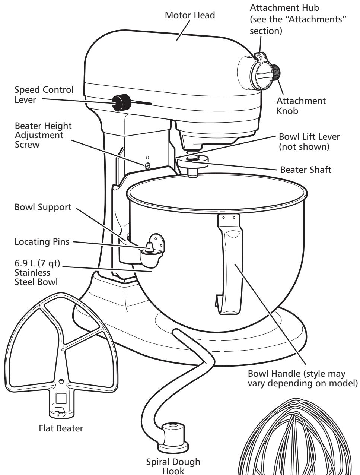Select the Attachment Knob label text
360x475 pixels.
pyautogui.click(x=302, y=106)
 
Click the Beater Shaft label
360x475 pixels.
pyautogui.click(x=305, y=170)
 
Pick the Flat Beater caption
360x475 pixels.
pyautogui.click(x=61, y=428)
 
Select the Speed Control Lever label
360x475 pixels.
pyautogui.click(x=44, y=95)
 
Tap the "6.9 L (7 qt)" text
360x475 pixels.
pyautogui.click(x=37, y=265)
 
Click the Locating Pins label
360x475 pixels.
pyautogui.click(x=41, y=242)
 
